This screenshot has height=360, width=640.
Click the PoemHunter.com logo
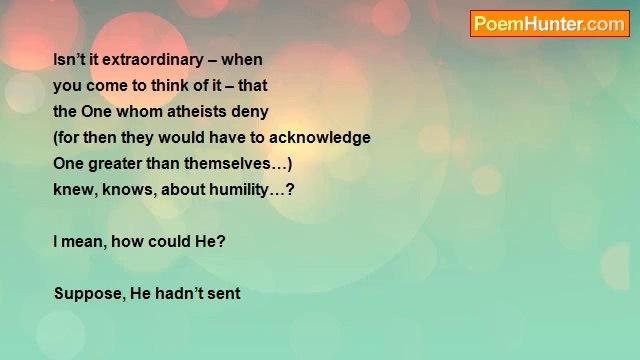point(549,24)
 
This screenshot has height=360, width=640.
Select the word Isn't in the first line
point(68,60)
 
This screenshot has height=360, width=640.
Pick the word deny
point(249,112)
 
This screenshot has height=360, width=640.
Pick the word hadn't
point(179,294)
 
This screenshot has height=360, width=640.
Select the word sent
point(226,294)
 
